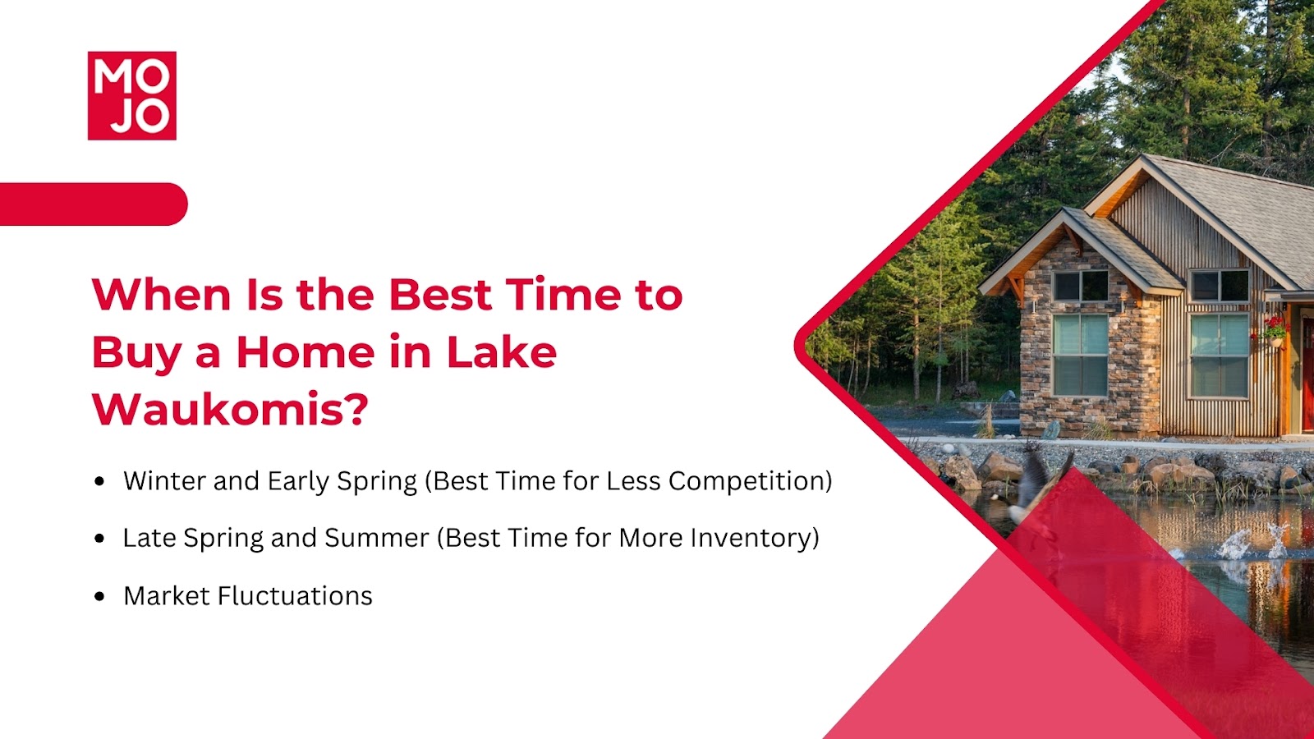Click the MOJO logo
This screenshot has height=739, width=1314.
(x=132, y=95)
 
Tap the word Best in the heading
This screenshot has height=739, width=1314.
(x=440, y=294)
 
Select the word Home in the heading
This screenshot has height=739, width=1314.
(x=306, y=352)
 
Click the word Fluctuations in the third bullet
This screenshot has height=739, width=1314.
(x=295, y=596)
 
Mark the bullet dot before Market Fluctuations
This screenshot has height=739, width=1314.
(x=99, y=596)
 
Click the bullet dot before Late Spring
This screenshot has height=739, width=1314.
(x=99, y=539)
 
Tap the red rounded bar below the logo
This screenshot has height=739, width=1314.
(x=94, y=204)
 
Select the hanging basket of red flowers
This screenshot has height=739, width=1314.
(x=1273, y=331)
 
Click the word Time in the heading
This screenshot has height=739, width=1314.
(x=563, y=294)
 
